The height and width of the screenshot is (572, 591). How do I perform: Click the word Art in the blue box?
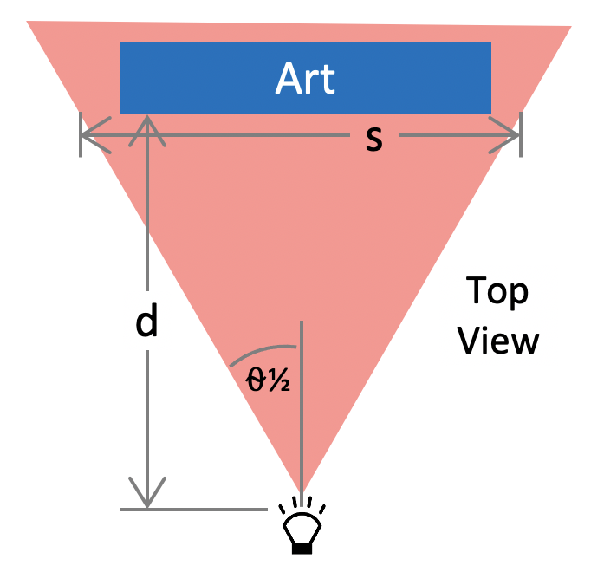(305, 80)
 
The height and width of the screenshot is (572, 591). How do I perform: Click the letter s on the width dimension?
(373, 139)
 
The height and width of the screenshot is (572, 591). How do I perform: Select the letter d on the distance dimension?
(147, 322)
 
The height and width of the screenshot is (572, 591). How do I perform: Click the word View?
(498, 340)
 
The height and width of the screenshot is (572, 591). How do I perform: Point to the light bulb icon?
(301, 525)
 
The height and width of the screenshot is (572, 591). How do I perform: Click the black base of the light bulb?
(301, 547)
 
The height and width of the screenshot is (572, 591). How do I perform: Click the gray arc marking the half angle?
(260, 351)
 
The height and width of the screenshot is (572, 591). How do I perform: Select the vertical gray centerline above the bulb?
(301, 407)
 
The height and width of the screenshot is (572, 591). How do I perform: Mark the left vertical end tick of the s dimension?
(80, 135)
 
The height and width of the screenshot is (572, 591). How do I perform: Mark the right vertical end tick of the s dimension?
(521, 135)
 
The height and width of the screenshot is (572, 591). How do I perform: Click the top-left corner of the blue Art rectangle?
(120, 42)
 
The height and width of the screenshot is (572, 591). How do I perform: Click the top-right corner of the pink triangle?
(570, 28)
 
